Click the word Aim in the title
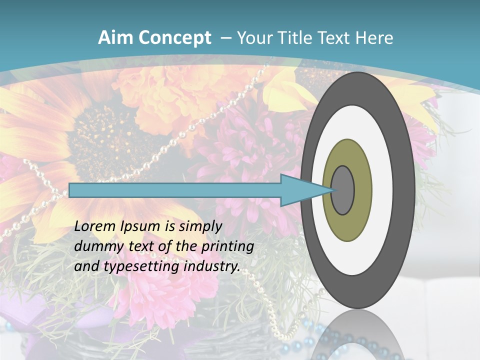pyautogui.click(x=116, y=38)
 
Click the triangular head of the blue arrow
pyautogui.click(x=300, y=190)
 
